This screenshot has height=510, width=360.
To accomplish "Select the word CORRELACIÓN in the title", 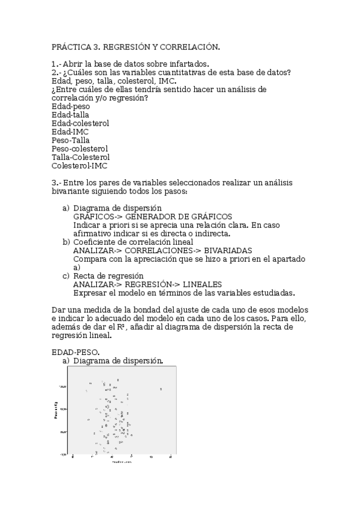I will pyautogui.click(x=188, y=46).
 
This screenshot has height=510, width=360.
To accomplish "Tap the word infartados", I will pyautogui.click(x=187, y=64).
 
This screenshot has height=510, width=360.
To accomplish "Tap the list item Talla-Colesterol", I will pyautogui.click(x=81, y=157).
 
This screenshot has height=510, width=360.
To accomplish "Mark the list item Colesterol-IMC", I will pyautogui.click(x=79, y=165).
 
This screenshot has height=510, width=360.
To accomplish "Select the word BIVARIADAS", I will pyautogui.click(x=228, y=250).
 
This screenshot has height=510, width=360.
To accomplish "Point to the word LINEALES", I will pyautogui.click(x=203, y=284).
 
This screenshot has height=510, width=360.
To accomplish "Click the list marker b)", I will pyautogui.click(x=66, y=242).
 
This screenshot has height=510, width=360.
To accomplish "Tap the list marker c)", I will pyautogui.click(x=66, y=275).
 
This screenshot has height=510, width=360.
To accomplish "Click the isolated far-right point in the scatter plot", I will pyautogui.click(x=161, y=389).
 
